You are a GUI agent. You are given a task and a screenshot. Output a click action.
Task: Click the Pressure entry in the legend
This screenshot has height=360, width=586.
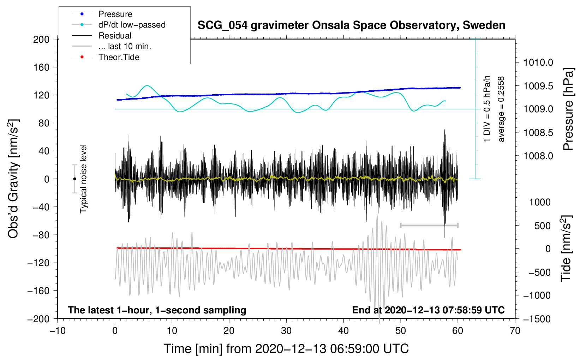coord(115,14)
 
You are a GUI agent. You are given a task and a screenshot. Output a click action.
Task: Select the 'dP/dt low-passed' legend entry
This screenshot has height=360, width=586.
coord(132,25)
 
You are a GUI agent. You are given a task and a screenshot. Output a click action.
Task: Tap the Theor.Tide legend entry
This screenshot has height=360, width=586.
coord(119,57)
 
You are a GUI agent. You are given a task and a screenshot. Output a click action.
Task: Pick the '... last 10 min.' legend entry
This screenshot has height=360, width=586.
coord(125,46)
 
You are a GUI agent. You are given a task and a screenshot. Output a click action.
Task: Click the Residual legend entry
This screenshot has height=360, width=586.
coord(115,36)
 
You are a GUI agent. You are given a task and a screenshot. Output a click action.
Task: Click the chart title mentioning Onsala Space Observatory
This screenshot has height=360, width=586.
coord(351,25)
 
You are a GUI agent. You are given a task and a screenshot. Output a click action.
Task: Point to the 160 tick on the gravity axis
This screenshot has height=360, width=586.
coord(41,67)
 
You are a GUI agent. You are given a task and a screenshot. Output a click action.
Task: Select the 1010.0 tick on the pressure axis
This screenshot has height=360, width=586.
coord(538,62)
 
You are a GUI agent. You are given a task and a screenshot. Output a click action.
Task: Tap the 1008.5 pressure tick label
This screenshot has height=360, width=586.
coord(538,133)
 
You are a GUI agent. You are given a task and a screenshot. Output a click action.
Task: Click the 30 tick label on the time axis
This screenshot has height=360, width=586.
coord(286,331)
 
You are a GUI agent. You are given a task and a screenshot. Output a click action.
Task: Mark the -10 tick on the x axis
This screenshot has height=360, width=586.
coord(58,331)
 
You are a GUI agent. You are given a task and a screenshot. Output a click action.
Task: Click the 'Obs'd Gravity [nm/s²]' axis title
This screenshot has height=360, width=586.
coord(13,179)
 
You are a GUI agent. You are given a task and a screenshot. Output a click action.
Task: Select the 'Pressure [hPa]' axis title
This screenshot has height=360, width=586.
coord(568,109)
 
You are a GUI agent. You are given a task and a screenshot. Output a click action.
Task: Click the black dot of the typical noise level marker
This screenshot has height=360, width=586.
coord(74,179)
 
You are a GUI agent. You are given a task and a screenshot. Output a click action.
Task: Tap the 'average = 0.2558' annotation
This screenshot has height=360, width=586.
coord(501,109)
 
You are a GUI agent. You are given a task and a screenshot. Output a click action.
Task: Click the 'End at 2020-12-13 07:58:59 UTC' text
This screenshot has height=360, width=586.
coord(428,310)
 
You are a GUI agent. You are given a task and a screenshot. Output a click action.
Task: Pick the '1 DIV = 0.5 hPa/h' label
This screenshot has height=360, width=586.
coord(487,109)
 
